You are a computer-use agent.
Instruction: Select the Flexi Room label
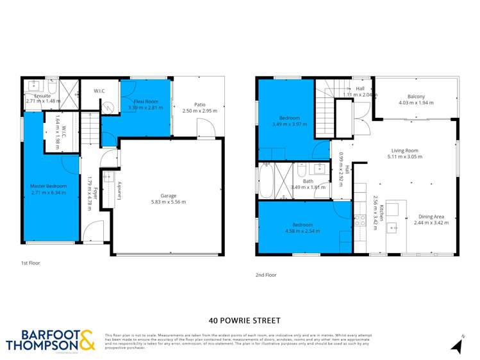(145, 101)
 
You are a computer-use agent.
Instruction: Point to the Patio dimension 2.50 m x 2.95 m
(200, 111)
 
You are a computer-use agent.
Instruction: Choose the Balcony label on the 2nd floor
(416, 97)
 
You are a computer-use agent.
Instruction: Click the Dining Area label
(431, 216)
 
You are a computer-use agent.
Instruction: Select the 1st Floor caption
(32, 263)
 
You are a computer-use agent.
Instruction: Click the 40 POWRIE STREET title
(244, 320)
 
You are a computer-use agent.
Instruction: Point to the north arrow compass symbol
(457, 346)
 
